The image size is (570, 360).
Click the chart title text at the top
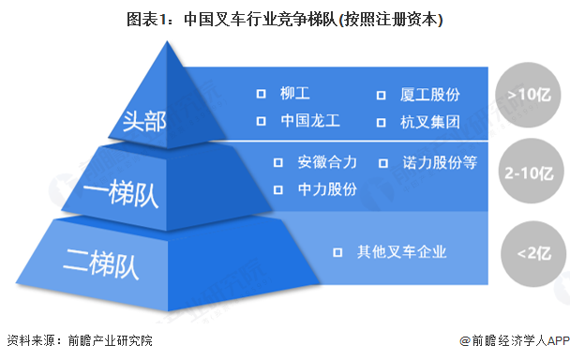[285, 19]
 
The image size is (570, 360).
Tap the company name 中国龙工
[310, 121]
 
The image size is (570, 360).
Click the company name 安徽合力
[327, 162]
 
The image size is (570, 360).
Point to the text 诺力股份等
[440, 162]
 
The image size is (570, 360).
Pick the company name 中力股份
[327, 188]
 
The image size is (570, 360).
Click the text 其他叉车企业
[401, 251]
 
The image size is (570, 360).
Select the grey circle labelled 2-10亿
[528, 174]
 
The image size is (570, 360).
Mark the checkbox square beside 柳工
[262, 95]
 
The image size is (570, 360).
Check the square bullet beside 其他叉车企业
[338, 252]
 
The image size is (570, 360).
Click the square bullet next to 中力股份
[278, 189]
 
